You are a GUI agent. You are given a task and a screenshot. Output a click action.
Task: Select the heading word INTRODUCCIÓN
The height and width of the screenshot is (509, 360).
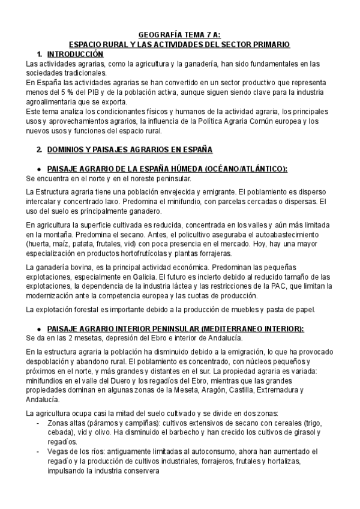point(70,54)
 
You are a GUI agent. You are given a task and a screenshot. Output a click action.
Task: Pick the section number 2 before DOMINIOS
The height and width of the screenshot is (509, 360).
point(39,149)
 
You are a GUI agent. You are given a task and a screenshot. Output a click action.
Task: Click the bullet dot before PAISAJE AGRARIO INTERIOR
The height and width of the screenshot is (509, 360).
point(39,330)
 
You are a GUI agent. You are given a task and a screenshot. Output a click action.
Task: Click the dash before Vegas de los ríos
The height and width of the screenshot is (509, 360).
point(39,452)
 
